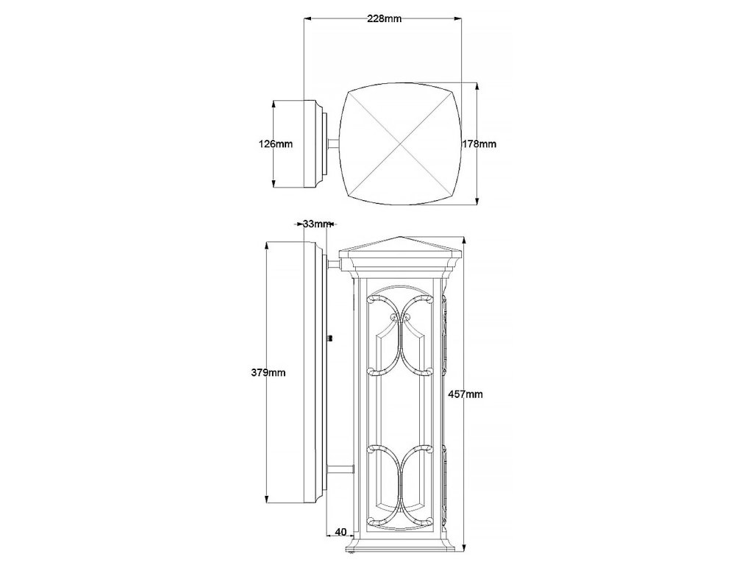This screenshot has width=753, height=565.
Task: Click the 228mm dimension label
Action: pyautogui.click(x=384, y=19)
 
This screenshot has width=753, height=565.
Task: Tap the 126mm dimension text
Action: pyautogui.click(x=276, y=144)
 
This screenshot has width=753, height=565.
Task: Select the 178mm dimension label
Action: pyautogui.click(x=479, y=144)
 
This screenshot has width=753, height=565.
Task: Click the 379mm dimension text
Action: pyautogui.click(x=268, y=373)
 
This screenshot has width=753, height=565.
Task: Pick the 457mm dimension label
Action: pyautogui.click(x=465, y=394)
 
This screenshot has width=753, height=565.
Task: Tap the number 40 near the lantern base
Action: pyautogui.click(x=340, y=531)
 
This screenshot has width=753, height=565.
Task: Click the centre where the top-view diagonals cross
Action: pyautogui.click(x=400, y=143)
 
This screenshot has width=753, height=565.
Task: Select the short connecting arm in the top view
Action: pyautogui.click(x=334, y=144)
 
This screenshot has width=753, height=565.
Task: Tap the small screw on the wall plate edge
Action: pyautogui.click(x=330, y=339)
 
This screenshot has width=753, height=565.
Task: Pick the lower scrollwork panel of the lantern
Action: pyautogui.click(x=401, y=486)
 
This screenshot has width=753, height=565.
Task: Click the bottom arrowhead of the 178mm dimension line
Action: pyautogui.click(x=478, y=202)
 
